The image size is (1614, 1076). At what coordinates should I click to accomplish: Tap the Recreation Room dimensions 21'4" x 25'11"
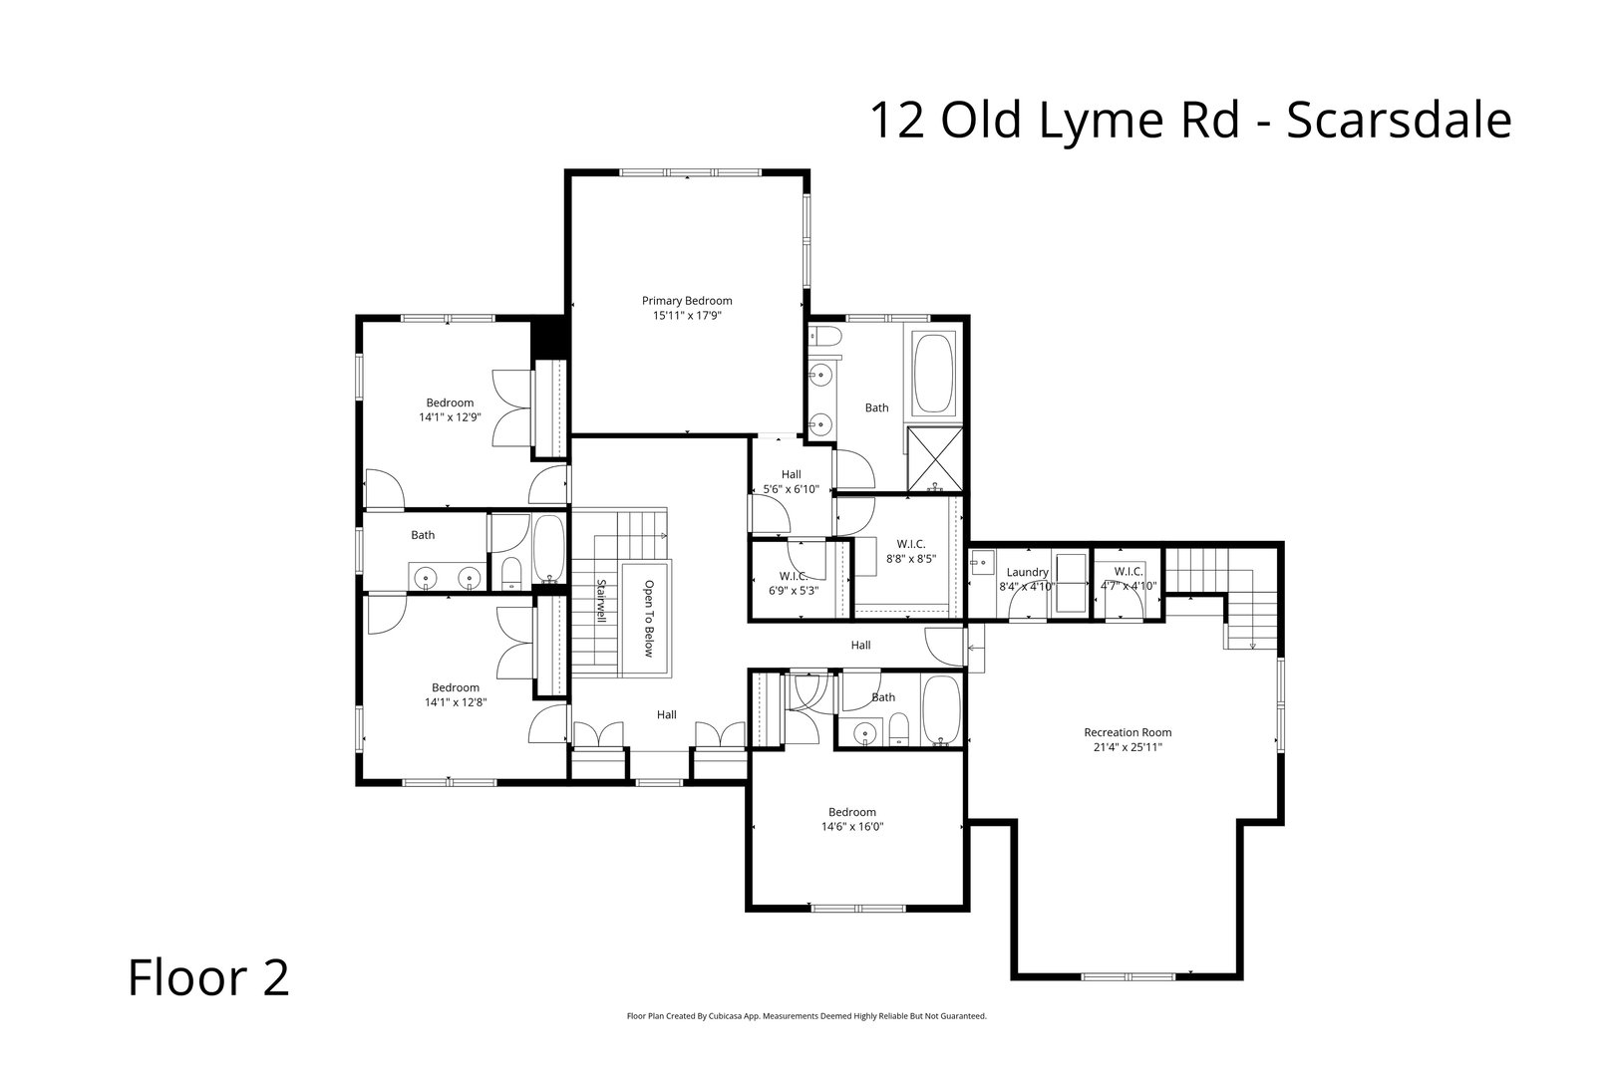pyautogui.click(x=1127, y=746)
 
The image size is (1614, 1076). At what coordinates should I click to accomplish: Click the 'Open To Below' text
pyautogui.click(x=648, y=618)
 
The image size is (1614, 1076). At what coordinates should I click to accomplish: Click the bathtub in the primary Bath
pyautogui.click(x=934, y=375)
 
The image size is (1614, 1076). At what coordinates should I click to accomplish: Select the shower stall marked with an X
pyautogui.click(x=935, y=459)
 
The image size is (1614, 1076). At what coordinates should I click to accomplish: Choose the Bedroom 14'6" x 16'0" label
pyautogui.click(x=852, y=819)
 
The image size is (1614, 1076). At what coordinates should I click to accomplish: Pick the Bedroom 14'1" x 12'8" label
pyautogui.click(x=455, y=694)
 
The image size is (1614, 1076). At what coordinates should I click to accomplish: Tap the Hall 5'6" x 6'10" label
pyautogui.click(x=791, y=482)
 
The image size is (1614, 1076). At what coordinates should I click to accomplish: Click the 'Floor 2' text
pyautogui.click(x=208, y=977)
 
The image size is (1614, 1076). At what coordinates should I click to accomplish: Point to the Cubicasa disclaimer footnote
pyautogui.click(x=806, y=1016)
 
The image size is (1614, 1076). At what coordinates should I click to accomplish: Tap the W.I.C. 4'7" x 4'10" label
pyautogui.click(x=1128, y=579)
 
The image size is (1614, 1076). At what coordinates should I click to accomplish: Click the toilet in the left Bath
pyautogui.click(x=510, y=572)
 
